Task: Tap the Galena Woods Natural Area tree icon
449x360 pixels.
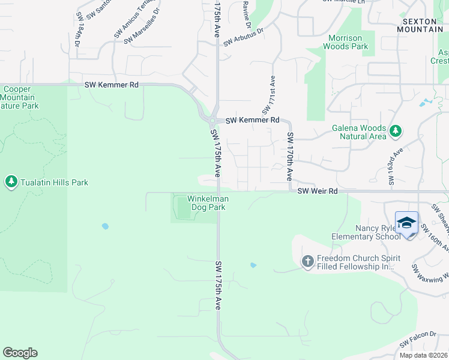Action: tap(395, 130)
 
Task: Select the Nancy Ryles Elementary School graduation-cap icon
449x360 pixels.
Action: tap(407, 223)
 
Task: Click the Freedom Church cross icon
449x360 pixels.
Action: tap(307, 261)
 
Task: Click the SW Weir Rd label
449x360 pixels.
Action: tap(318, 191)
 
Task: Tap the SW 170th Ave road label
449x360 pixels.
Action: tap(290, 157)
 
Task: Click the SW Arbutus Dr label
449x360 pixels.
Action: tap(244, 37)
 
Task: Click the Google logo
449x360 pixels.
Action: tap(20, 353)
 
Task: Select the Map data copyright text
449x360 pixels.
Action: tap(423, 355)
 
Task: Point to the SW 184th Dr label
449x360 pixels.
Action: tap(77, 36)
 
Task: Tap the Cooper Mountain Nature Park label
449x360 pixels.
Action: tap(19, 97)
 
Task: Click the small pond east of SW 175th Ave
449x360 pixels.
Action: tap(253, 265)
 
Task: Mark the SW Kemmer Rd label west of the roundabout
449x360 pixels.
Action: tap(112, 85)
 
